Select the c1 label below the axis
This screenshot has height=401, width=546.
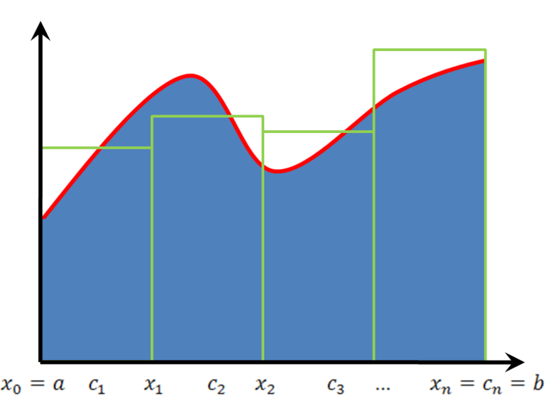(96, 386)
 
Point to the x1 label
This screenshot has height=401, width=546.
(154, 386)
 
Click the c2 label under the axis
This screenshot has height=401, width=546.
(216, 387)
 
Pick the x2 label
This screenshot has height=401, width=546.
(265, 386)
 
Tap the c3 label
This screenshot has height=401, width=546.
(335, 387)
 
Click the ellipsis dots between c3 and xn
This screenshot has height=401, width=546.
(382, 388)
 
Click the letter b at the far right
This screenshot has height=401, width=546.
(538, 384)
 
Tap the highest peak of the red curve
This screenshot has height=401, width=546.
(190, 74)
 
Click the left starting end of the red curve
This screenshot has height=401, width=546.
(44, 216)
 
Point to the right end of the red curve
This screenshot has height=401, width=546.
(483, 61)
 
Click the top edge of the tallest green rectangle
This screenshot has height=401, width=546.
(429, 49)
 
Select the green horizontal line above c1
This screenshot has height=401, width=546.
(97, 147)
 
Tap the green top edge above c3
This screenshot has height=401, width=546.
(318, 131)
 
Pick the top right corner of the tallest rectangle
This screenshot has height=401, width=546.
(485, 49)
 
